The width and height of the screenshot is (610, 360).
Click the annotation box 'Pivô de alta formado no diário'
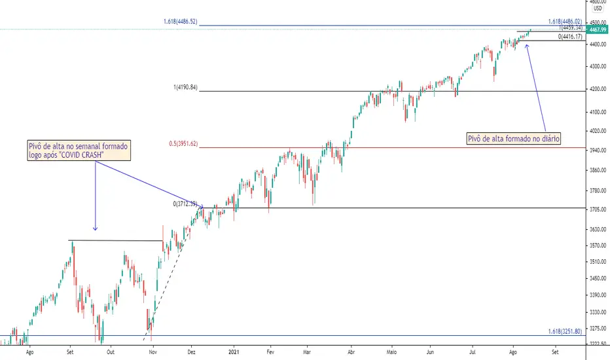(x=514, y=139)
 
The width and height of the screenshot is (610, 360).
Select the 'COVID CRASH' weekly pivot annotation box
(x=79, y=151)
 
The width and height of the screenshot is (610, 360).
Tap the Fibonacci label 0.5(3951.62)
(x=183, y=144)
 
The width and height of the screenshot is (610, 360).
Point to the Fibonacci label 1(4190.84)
(x=186, y=88)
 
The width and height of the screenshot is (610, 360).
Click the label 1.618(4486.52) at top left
(x=181, y=22)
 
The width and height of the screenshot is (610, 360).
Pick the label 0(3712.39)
(x=185, y=204)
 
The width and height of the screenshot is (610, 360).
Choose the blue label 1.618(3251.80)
(x=565, y=332)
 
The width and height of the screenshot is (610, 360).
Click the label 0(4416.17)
(x=570, y=37)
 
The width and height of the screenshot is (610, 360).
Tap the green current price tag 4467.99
(x=598, y=30)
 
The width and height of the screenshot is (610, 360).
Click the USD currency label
(x=598, y=8)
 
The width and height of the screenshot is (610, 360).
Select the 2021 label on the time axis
(x=234, y=352)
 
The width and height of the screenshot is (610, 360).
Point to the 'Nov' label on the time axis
(x=153, y=352)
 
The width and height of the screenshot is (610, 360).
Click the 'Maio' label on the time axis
(x=391, y=352)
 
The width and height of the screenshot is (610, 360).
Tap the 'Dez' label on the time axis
(x=191, y=352)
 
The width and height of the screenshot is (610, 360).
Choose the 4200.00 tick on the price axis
(x=598, y=89)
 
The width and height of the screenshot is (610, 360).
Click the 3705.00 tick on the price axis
(x=598, y=209)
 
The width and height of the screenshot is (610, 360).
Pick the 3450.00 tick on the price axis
(x=598, y=279)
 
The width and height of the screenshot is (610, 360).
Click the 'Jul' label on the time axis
(x=473, y=352)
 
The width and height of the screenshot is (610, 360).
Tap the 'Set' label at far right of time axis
(x=555, y=352)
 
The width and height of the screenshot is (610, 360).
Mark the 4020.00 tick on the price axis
(x=598, y=131)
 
